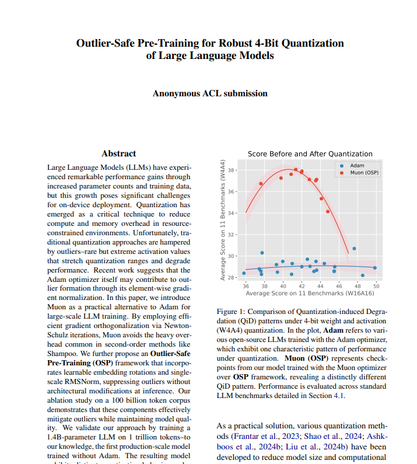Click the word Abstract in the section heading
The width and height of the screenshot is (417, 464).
point(118,153)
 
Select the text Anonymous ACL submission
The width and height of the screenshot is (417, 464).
point(210,93)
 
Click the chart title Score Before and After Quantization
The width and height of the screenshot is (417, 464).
point(310,154)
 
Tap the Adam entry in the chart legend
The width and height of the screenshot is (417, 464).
point(357,166)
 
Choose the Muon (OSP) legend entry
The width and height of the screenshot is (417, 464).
point(364,173)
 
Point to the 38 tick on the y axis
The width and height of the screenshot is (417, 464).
point(230,170)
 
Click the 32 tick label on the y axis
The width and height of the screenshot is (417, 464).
point(230,235)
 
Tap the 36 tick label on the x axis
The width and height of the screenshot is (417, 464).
point(245,286)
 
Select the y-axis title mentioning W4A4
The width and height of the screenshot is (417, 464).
point(223,219)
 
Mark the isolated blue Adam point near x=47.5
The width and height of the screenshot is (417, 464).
point(354,249)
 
